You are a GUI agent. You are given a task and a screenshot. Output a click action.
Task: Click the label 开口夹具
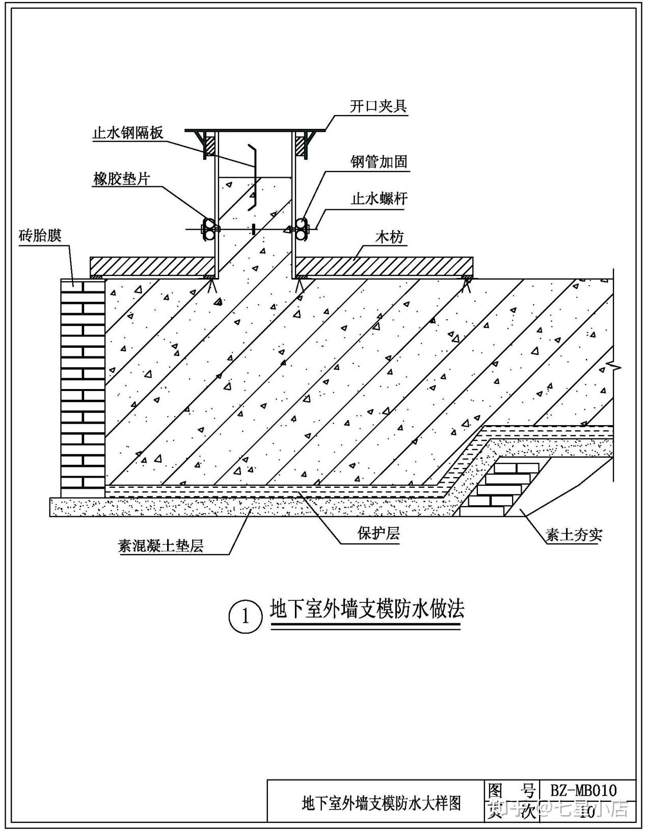point(378,106)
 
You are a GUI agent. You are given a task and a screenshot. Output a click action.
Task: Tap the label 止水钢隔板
point(128,133)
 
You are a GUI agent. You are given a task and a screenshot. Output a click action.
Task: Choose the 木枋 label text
point(390,237)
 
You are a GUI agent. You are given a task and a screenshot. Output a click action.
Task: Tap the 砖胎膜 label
point(40,236)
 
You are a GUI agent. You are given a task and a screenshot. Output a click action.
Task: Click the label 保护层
point(378,534)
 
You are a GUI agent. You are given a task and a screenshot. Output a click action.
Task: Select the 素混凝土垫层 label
point(161,546)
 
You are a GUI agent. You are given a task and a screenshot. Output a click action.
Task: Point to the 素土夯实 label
point(574,535)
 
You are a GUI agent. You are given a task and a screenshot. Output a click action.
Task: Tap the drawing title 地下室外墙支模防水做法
point(367,609)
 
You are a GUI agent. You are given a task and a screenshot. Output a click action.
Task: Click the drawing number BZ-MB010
point(583,790)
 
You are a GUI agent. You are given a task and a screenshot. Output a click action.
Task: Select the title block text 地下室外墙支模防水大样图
point(382,803)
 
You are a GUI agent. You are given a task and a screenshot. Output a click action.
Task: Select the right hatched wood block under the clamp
point(301,145)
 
